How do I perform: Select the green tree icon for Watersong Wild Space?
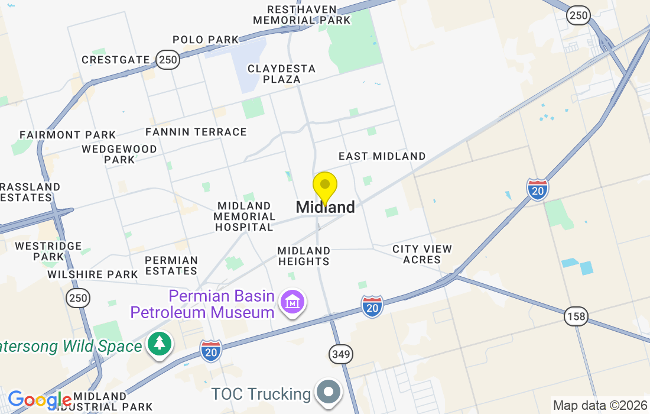pos(159,345)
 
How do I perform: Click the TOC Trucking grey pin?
pos(329,392)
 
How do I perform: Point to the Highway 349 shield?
pos(341,355)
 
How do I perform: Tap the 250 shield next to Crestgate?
pos(168,59)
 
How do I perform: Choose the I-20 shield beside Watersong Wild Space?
pos(211,351)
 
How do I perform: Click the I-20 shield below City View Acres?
pos(372,306)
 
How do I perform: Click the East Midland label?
pos(382,156)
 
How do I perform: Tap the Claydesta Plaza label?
pos(281,74)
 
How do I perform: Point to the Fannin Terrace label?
pos(196,132)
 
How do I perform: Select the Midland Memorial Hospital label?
pos(244,216)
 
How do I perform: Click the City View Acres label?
pos(422,254)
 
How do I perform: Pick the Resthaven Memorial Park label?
pos(301,15)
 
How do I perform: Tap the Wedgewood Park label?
pos(119,154)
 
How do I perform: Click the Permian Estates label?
pos(171,266)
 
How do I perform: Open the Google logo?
pos(39,400)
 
